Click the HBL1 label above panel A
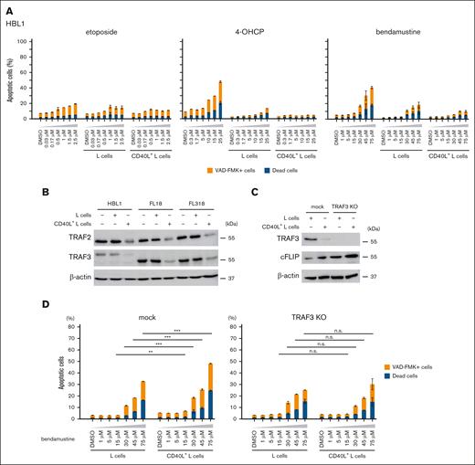[x=16, y=19]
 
